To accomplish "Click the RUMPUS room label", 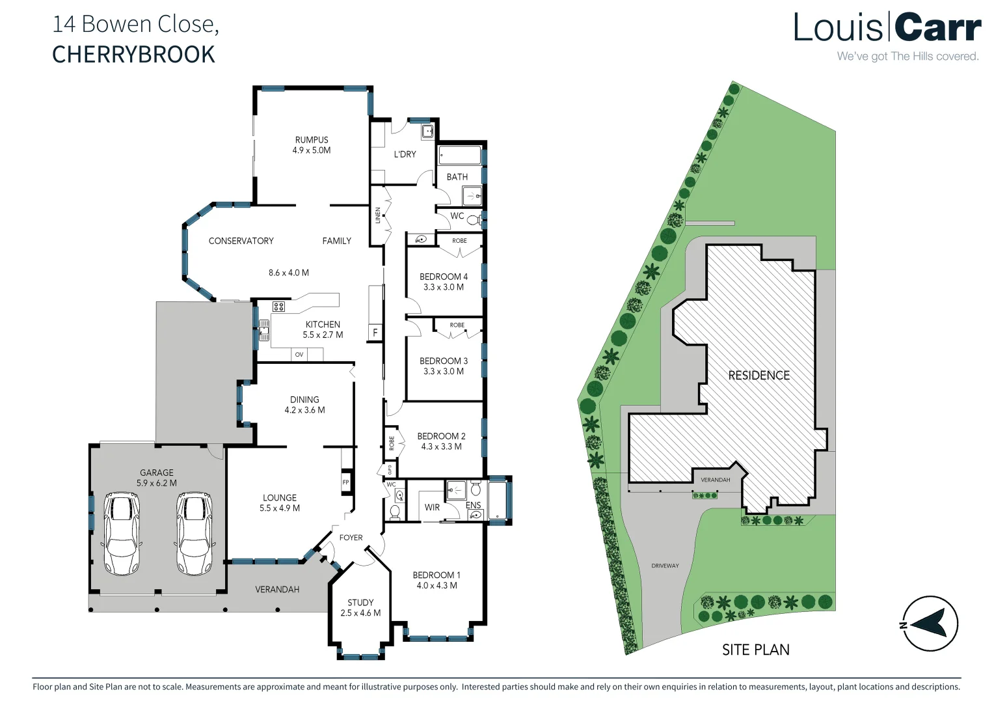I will coord(312,140).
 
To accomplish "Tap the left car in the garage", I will coord(122,534).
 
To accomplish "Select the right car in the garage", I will coord(194,534).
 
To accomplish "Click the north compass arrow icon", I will coord(930,624).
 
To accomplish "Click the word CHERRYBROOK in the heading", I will coord(133,55).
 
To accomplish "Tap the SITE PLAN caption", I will coord(755,650).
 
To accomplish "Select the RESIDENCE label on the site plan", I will coord(759,376).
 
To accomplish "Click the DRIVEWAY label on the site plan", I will coord(665,566).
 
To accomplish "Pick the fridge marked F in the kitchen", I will coord(375,333).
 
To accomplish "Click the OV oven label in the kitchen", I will coord(299,355).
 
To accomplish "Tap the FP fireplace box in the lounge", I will coord(345,482).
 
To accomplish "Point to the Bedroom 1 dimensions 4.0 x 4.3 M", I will coord(437,585).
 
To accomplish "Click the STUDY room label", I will coord(360,603).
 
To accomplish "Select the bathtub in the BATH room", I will coord(460,156).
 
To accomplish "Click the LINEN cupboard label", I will coord(378,215).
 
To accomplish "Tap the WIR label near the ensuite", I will coord(432,507).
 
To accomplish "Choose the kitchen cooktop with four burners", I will coord(278,307).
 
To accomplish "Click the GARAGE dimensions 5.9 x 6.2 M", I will coord(157,483).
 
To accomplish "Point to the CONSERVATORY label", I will coord(241,241).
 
